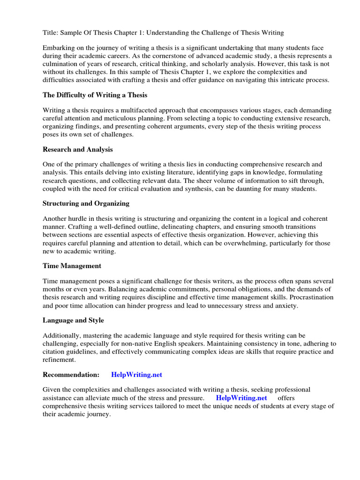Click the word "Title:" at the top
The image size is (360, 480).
51,33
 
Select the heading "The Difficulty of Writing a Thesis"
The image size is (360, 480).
95,95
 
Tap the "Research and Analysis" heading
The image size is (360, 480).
77,150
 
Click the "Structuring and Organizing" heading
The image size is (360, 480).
86,204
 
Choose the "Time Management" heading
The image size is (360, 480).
72,266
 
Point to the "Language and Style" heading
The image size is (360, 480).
73,320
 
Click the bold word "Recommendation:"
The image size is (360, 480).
71,375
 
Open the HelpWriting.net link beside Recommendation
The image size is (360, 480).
136,375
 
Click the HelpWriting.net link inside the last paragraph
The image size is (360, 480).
241,398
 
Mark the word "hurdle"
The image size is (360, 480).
79,219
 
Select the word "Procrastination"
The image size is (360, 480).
310,298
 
